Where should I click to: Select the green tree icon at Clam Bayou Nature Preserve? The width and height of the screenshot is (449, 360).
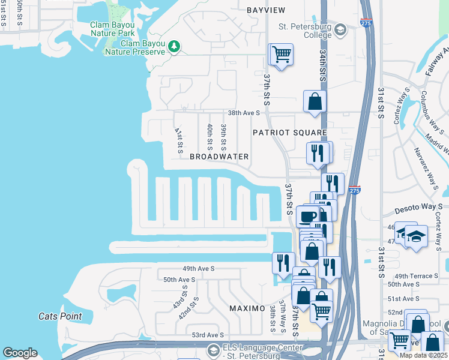[174, 46]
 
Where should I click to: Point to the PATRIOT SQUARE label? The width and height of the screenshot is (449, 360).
[289, 132]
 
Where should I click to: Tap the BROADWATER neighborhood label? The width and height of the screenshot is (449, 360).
[219, 157]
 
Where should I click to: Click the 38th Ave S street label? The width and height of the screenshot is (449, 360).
[243, 112]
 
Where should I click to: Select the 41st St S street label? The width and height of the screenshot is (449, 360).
[178, 140]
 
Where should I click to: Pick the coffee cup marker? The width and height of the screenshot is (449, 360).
[308, 217]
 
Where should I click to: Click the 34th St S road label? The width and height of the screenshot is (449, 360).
[322, 66]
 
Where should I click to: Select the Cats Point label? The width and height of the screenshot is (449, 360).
[60, 316]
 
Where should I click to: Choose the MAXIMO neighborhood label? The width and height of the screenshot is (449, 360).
[247, 308]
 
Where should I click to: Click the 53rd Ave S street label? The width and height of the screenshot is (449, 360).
[208, 335]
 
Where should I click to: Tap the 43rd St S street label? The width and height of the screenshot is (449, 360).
[179, 297]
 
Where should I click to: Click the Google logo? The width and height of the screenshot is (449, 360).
[20, 353]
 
